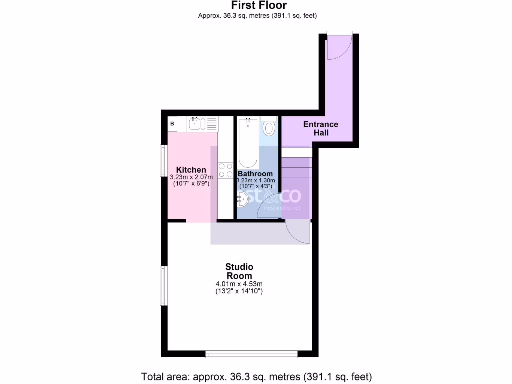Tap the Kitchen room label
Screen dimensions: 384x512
click(191, 170)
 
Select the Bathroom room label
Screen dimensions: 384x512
click(255, 174)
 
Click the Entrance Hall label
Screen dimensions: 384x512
click(320, 128)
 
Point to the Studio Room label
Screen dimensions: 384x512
click(239, 271)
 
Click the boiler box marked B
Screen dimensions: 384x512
click(172, 123)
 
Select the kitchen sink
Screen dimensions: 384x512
click(195, 123)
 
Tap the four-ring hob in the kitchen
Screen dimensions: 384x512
click(225, 170)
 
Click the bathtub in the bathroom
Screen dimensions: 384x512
click(248, 142)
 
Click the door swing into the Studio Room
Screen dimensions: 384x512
click(299, 232)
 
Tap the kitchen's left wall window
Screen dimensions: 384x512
click(163, 160)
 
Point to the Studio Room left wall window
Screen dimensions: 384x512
click(163, 285)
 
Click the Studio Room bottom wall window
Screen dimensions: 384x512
click(251, 354)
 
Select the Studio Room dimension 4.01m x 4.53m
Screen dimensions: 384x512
click(239, 284)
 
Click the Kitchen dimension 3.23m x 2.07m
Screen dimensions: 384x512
click(191, 177)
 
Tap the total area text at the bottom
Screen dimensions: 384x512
click(257, 376)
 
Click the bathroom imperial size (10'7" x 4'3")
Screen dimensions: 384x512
click(255, 186)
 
